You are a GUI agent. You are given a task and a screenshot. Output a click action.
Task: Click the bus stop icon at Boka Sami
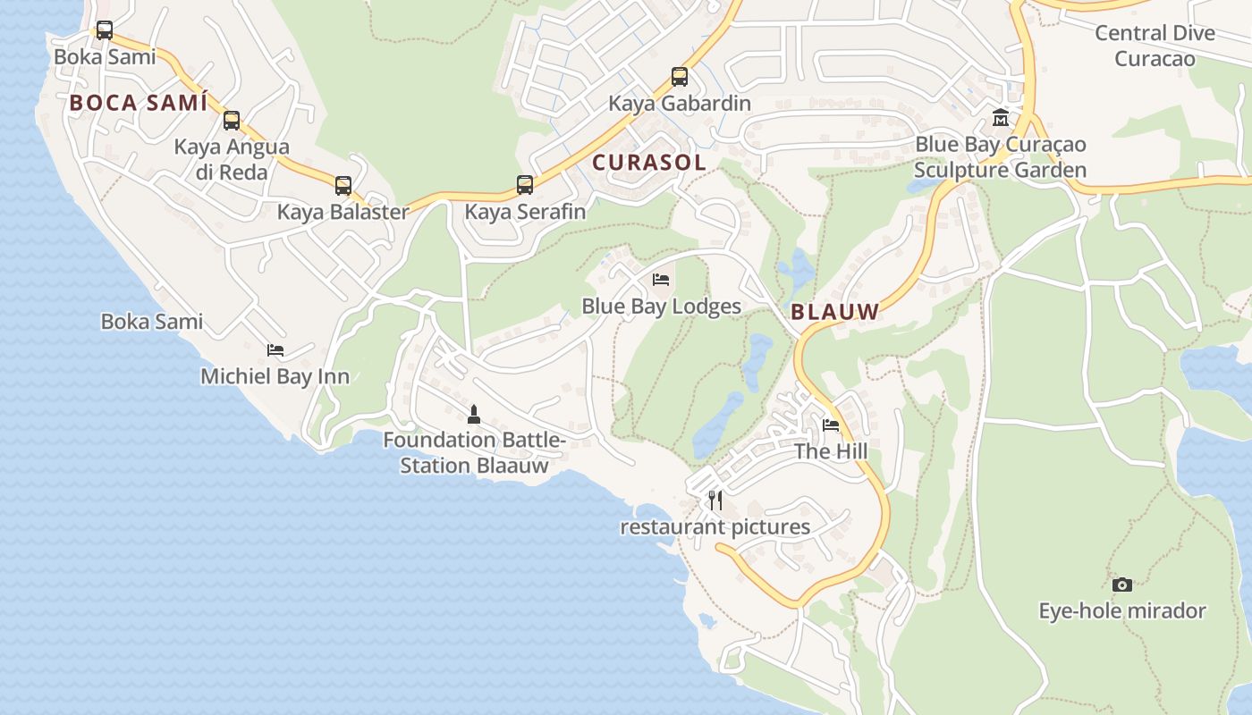coord(105,30)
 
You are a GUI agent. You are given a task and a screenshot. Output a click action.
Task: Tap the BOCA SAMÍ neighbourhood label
coord(139,103)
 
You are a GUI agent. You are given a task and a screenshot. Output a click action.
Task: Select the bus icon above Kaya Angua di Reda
coord(232,121)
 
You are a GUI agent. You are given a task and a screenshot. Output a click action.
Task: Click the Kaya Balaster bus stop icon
coord(343,186)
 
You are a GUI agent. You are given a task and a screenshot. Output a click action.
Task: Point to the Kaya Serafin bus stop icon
coord(525,185)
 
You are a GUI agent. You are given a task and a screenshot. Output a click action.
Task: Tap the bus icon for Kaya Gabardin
coord(680,77)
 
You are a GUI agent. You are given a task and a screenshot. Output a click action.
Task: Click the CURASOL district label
coord(649,163)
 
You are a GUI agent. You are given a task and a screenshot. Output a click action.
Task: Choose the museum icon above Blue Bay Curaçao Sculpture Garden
coord(1001,117)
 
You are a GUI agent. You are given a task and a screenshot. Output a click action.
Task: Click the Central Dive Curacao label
coord(1155,46)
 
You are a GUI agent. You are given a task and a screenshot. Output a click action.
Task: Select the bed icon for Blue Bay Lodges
coord(661,280)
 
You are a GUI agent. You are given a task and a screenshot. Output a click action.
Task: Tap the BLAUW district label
coord(835,312)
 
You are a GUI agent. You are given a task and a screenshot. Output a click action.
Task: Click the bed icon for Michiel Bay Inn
coord(275,350)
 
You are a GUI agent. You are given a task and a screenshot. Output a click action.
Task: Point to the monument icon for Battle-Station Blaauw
coord(474,414)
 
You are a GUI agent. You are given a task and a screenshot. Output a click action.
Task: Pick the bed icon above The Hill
coord(831,425)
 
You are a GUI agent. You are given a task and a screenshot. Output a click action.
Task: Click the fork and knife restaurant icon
coord(715,500)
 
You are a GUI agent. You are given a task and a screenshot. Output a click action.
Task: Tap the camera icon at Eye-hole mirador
coord(1122,585)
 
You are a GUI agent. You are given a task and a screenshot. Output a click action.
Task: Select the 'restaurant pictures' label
coord(715,527)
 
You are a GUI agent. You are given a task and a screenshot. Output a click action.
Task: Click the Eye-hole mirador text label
coord(1122,611)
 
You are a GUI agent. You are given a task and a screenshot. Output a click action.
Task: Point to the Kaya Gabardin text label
coord(680,104)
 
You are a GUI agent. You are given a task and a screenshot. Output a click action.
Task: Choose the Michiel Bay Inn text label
coord(275,376)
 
